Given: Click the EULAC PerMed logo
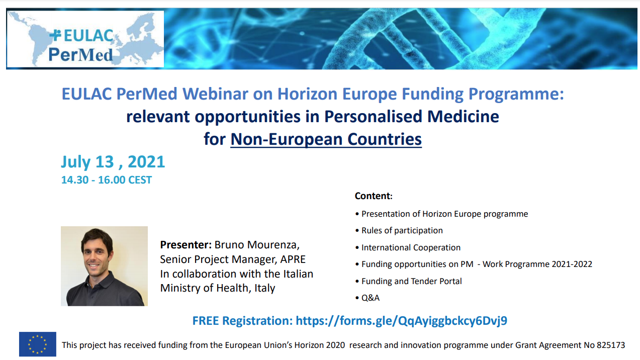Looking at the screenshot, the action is tap(85, 39).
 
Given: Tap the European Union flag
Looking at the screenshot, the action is tap(38, 344).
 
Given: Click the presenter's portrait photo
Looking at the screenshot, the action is tap(104, 266).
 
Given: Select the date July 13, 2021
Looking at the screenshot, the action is tap(113, 162).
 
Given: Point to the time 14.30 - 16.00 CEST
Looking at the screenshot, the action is tap(107, 180).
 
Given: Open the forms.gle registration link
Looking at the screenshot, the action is tap(401, 321).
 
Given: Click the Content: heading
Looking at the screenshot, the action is tap(374, 196).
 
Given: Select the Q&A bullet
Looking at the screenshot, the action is tap(368, 298).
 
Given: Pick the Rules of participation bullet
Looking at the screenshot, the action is tap(399, 230).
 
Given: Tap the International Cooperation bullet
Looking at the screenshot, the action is tap(408, 247).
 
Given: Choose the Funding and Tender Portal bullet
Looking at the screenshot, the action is tap(409, 281).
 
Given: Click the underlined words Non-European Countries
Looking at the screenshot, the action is tap(326, 139).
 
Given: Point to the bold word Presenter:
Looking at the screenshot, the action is tap(186, 245).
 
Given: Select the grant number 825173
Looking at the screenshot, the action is tap(612, 345).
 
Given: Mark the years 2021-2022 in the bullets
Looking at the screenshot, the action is tap(572, 264).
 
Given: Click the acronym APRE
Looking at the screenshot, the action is tap(293, 259).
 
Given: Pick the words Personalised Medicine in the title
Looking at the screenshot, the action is tap(411, 116).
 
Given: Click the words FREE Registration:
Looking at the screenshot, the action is tap(242, 321).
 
